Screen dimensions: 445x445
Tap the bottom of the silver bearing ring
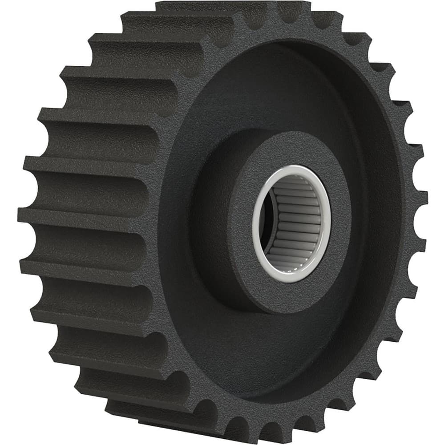(289, 280)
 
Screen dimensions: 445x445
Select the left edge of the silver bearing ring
(255, 222)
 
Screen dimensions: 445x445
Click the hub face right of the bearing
(340, 222)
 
